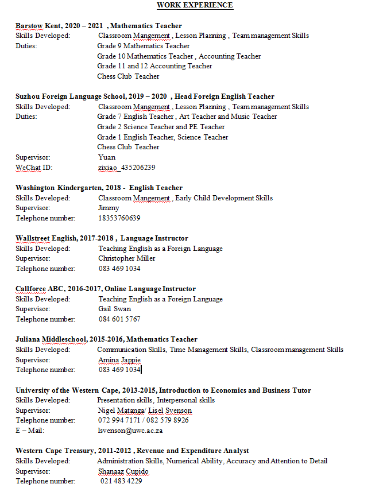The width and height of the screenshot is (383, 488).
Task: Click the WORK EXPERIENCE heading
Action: (195, 5)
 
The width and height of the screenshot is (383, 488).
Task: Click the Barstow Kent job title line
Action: (99, 26)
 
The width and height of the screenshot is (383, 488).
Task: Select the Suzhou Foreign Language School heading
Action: (145, 96)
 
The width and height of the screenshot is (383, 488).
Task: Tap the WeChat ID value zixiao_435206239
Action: (126, 168)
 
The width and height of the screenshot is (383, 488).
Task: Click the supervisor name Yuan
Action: (107, 157)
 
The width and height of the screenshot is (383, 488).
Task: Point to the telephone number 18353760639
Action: (119, 218)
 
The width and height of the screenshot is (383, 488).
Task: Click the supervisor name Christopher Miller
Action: (126, 258)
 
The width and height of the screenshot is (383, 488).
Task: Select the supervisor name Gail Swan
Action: (114, 309)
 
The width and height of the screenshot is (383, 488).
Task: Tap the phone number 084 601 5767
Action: (119, 319)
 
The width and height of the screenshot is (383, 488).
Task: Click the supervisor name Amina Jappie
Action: (119, 360)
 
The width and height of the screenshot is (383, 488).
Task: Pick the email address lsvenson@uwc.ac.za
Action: (130, 431)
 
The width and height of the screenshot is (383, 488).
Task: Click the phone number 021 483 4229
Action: (121, 481)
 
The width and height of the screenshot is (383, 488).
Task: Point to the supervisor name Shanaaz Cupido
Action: (123, 471)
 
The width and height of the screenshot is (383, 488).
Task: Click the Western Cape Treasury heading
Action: (132, 451)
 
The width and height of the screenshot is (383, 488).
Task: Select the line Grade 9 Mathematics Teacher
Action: (144, 46)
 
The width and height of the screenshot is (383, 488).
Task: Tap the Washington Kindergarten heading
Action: (99, 188)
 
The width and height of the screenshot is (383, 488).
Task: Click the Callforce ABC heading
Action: (106, 289)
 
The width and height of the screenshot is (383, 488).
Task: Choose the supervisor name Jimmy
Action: (109, 208)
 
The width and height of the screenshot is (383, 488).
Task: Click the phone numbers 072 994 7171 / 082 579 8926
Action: (143, 420)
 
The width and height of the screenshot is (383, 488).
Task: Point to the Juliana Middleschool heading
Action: (106, 339)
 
